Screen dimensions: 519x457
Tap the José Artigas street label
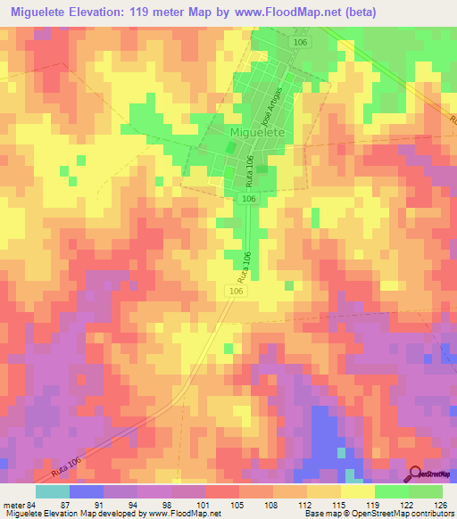[271, 106]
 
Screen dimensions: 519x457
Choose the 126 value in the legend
[439, 505]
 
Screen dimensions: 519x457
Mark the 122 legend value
[407, 505]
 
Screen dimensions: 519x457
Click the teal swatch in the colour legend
[52, 491]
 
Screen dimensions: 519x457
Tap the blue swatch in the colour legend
[86, 491]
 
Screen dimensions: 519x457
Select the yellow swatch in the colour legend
[357, 491]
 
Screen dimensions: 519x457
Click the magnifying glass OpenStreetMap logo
[416, 474]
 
